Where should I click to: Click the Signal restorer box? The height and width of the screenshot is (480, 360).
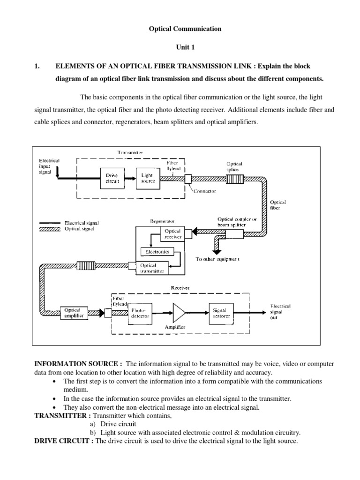pyautogui.click(x=220, y=313)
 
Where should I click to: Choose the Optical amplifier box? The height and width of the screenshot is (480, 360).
pyautogui.click(x=72, y=313)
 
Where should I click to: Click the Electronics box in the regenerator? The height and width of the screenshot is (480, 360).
pyautogui.click(x=157, y=251)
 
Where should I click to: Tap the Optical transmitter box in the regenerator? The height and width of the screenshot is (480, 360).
pyautogui.click(x=152, y=268)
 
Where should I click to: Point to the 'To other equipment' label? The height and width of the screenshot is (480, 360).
pyautogui.click(x=217, y=259)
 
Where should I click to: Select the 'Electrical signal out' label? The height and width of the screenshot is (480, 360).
pyautogui.click(x=280, y=313)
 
